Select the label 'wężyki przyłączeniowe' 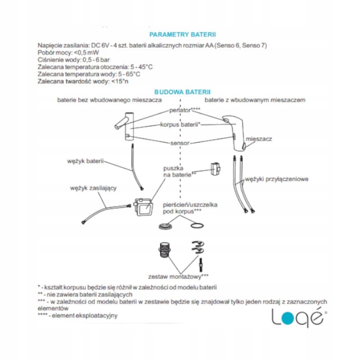click(x=276, y=179)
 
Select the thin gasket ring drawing click(x=197, y=225)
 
